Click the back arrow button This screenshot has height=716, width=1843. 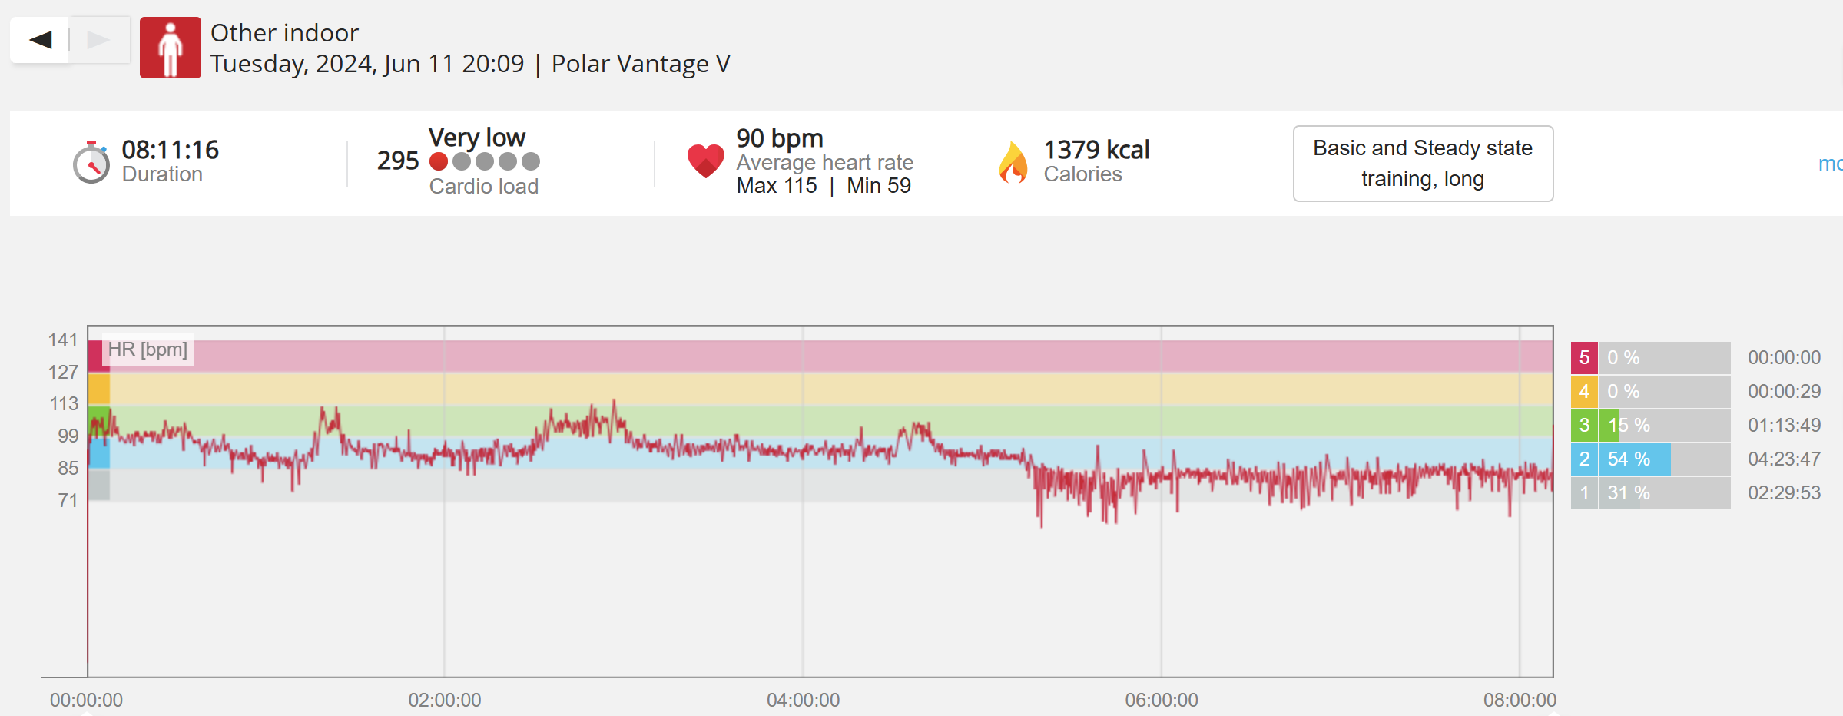[41, 40]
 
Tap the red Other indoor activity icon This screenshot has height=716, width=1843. [170, 48]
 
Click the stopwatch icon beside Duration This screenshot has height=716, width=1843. [91, 163]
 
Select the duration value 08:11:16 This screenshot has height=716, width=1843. [170, 149]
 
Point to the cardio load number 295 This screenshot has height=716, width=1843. [397, 161]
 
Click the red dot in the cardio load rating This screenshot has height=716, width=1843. [439, 161]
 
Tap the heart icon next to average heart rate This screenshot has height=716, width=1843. [705, 160]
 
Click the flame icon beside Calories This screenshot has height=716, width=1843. [1013, 163]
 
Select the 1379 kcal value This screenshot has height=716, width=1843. [1096, 149]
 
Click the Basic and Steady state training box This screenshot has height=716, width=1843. [1423, 164]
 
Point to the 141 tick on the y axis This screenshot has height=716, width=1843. [63, 340]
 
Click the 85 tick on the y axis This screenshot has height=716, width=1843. [68, 467]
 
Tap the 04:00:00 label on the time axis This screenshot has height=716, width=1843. [803, 700]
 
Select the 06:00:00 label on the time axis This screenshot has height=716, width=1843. [1161, 700]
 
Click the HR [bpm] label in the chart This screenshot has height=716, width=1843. [148, 350]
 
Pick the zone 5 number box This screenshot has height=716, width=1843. [1584, 358]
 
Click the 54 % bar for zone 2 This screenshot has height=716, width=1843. [1634, 459]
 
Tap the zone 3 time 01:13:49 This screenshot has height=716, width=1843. [1784, 425]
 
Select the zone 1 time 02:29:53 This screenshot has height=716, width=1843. [1784, 492]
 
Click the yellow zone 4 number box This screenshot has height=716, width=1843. [1584, 392]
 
